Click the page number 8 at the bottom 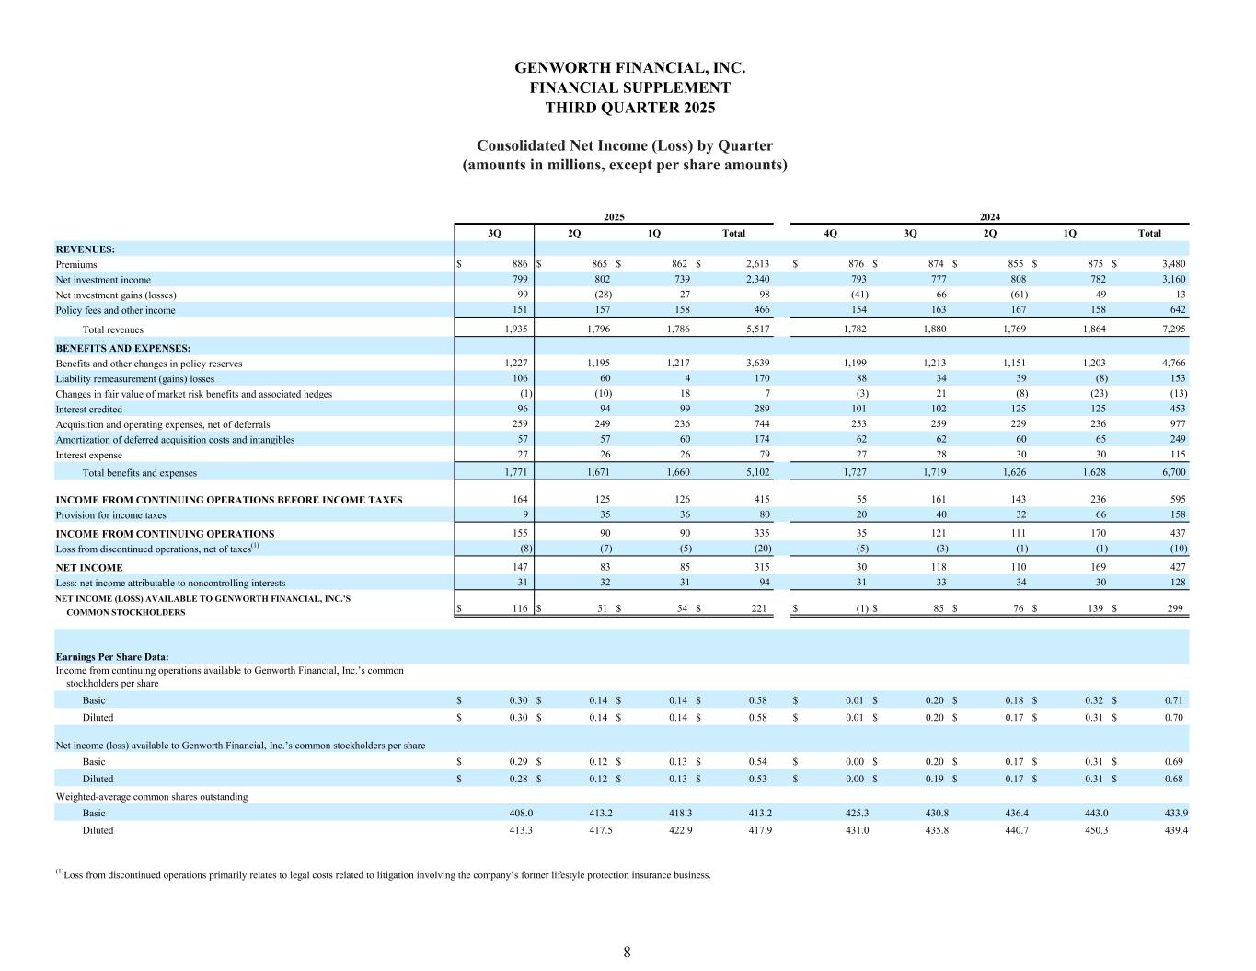pos(627,953)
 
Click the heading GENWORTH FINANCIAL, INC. pos(629,68)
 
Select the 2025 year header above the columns pos(614,216)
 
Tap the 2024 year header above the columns pos(990,216)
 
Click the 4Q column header pos(831,233)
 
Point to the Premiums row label pos(76,264)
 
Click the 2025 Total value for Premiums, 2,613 pos(757,264)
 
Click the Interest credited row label pos(88,409)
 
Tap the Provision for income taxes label pos(110,515)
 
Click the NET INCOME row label pos(89,568)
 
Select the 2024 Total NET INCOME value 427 pos(1176,568)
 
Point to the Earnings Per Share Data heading pos(111,657)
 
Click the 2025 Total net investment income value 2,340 pos(757,280)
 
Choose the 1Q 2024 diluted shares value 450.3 pos(1093,830)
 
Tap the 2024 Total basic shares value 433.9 pos(1172,814)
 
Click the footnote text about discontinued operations pos(386,875)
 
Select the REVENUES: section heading pos(85,249)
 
